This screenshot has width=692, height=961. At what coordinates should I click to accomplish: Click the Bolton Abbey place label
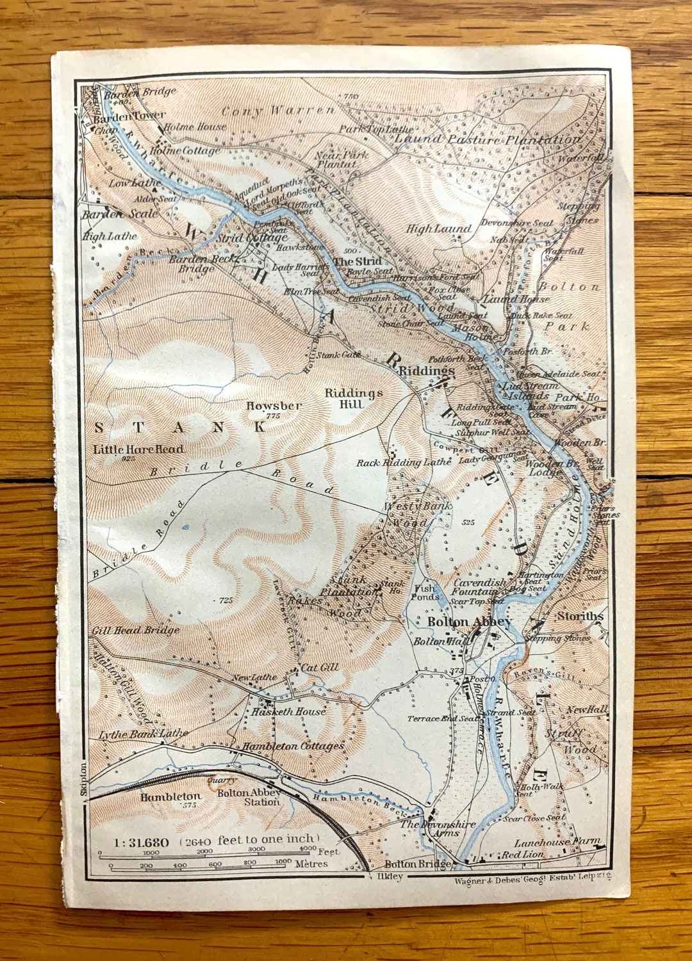(469, 622)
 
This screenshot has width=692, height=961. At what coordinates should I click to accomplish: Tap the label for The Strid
(357, 261)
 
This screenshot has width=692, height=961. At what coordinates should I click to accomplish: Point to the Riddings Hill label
(353, 398)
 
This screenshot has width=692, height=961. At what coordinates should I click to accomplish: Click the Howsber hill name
(274, 406)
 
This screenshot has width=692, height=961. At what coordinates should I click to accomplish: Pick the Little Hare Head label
(138, 449)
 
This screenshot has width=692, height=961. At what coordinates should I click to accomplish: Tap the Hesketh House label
(288, 711)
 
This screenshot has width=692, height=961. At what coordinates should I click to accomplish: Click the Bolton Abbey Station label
(249, 797)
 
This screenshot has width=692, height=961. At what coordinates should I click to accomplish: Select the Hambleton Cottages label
(293, 746)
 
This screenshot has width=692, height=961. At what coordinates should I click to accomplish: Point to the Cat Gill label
(319, 668)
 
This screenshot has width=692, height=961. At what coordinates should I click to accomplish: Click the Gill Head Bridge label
(136, 631)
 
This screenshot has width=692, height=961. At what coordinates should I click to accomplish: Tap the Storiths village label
(579, 616)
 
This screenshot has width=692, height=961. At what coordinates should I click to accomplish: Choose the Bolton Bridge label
(417, 864)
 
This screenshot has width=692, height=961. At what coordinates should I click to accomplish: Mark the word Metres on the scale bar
(311, 864)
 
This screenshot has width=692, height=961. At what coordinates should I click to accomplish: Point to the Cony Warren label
(277, 111)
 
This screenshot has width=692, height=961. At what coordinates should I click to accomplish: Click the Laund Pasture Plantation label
(487, 139)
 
